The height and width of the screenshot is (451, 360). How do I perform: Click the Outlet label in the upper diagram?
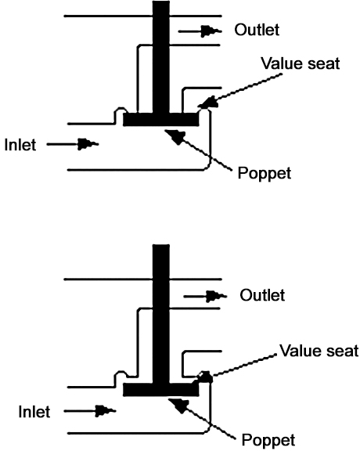257,30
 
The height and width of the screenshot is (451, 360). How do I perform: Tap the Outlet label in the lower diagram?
262,295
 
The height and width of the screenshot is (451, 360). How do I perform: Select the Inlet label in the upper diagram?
20,144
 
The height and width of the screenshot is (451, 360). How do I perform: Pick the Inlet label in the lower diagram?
34,411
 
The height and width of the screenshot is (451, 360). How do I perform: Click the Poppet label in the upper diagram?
265,174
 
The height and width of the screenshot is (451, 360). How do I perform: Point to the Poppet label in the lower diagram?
268,440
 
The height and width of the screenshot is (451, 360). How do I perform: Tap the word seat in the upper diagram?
324,64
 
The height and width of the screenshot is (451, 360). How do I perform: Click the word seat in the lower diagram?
343,352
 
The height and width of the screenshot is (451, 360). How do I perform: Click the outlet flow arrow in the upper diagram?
200,31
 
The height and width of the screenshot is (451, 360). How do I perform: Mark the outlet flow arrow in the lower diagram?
205,296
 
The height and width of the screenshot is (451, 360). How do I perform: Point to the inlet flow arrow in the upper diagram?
73,144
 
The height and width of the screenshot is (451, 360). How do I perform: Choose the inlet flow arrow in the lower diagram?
90,411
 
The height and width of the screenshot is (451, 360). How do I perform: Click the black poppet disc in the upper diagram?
161,119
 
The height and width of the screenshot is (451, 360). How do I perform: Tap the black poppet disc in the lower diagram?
161,390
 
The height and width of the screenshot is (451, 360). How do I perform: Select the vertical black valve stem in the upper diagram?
161,57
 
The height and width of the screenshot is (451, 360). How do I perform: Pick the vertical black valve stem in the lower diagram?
161,314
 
